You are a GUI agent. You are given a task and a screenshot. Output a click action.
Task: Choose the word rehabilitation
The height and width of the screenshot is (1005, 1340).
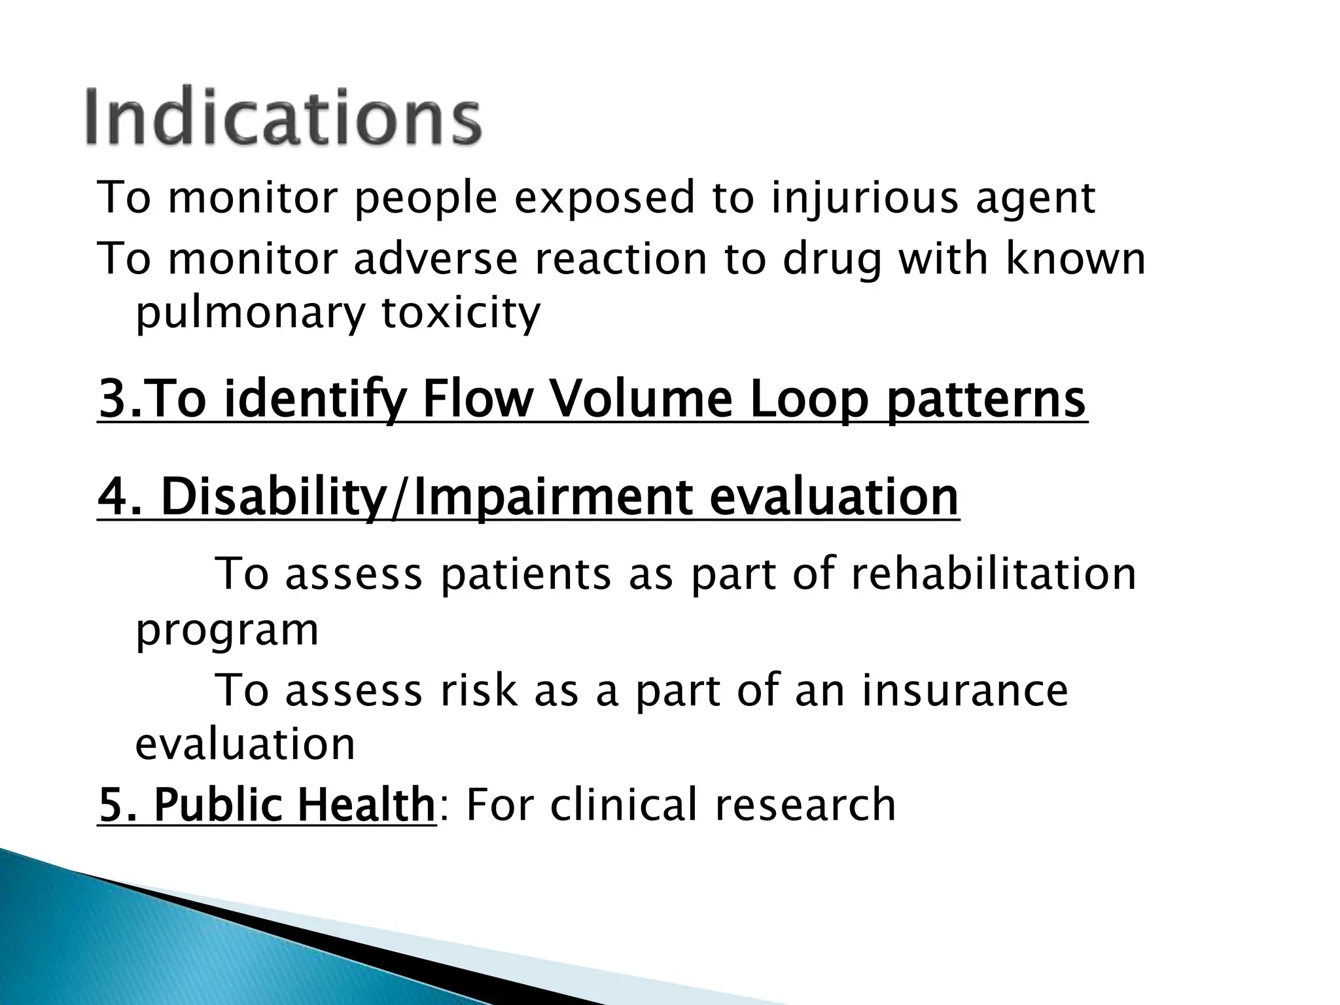coord(993,573)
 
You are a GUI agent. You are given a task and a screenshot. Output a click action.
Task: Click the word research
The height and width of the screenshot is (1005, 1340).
coord(805,805)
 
